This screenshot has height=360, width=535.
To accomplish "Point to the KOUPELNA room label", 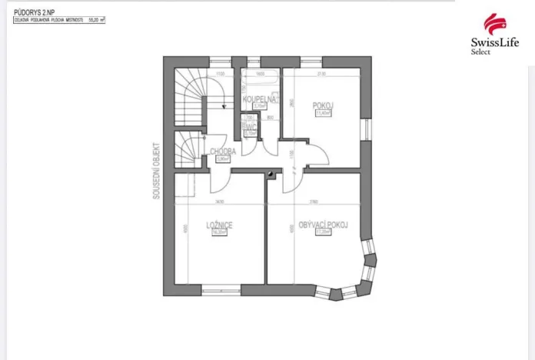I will pos(259,100).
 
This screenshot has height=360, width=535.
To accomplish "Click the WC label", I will pos(249,126).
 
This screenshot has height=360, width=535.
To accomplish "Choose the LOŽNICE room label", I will pos(219,225).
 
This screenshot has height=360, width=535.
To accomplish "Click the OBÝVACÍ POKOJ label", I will pos(324,225).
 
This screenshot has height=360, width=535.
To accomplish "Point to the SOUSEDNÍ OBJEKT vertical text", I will pos(156,170).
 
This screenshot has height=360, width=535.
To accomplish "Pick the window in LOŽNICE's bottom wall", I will pos(221,289).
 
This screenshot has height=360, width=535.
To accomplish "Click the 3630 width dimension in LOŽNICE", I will pos(219,202).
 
